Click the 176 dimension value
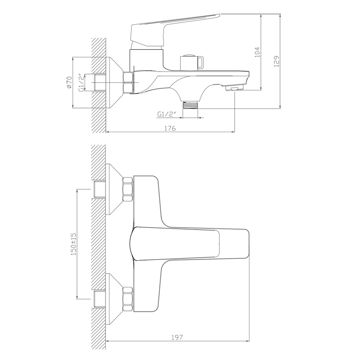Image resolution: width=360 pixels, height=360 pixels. coord(171,128)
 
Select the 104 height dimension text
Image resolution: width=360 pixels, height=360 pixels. coord(257,52)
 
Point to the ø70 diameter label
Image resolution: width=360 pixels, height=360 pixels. coord(69,82)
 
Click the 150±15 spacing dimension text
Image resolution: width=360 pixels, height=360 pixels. coord(73,244)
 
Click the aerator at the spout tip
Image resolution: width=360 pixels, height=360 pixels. coord(234,89)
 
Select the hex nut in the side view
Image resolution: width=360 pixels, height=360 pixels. coord(128,82)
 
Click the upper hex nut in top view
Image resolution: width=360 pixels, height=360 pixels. coord(128,189)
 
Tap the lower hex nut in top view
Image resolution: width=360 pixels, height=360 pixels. coord(128,298)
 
